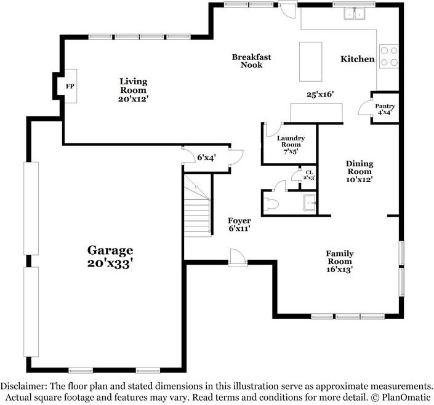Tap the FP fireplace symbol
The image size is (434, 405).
pos(70,86)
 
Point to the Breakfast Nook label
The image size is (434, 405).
pos(251,61)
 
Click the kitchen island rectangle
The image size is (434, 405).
pos(310,62)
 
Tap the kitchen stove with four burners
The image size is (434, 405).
pos(388,57)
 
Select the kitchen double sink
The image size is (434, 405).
pos(355,14)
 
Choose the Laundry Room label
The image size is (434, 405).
pos(290,145)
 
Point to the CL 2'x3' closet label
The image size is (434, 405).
pos(308,175)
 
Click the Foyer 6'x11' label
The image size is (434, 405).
pos(239,225)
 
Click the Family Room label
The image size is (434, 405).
pos(340,261)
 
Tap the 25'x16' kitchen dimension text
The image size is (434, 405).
pos(320,94)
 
